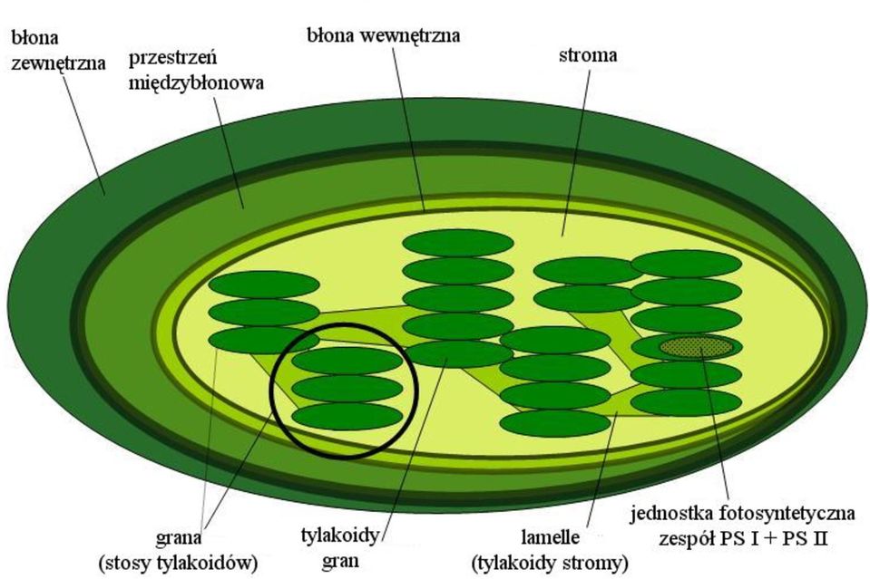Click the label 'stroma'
pos(588,55)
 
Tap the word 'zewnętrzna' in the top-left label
pos(58,63)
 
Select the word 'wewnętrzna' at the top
pos(409,36)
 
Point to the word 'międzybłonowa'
pos(196,83)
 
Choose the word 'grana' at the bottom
pos(179,537)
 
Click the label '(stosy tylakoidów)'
pos(179,563)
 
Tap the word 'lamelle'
pos(551,537)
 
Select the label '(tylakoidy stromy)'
pos(550,563)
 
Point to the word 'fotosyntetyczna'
pos(787,513)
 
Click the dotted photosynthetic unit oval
pos(697,347)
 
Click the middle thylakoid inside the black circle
pos(347,389)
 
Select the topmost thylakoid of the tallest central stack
pos(458,243)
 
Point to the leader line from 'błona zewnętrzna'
pos(84,135)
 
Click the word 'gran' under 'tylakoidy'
pos(340,561)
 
